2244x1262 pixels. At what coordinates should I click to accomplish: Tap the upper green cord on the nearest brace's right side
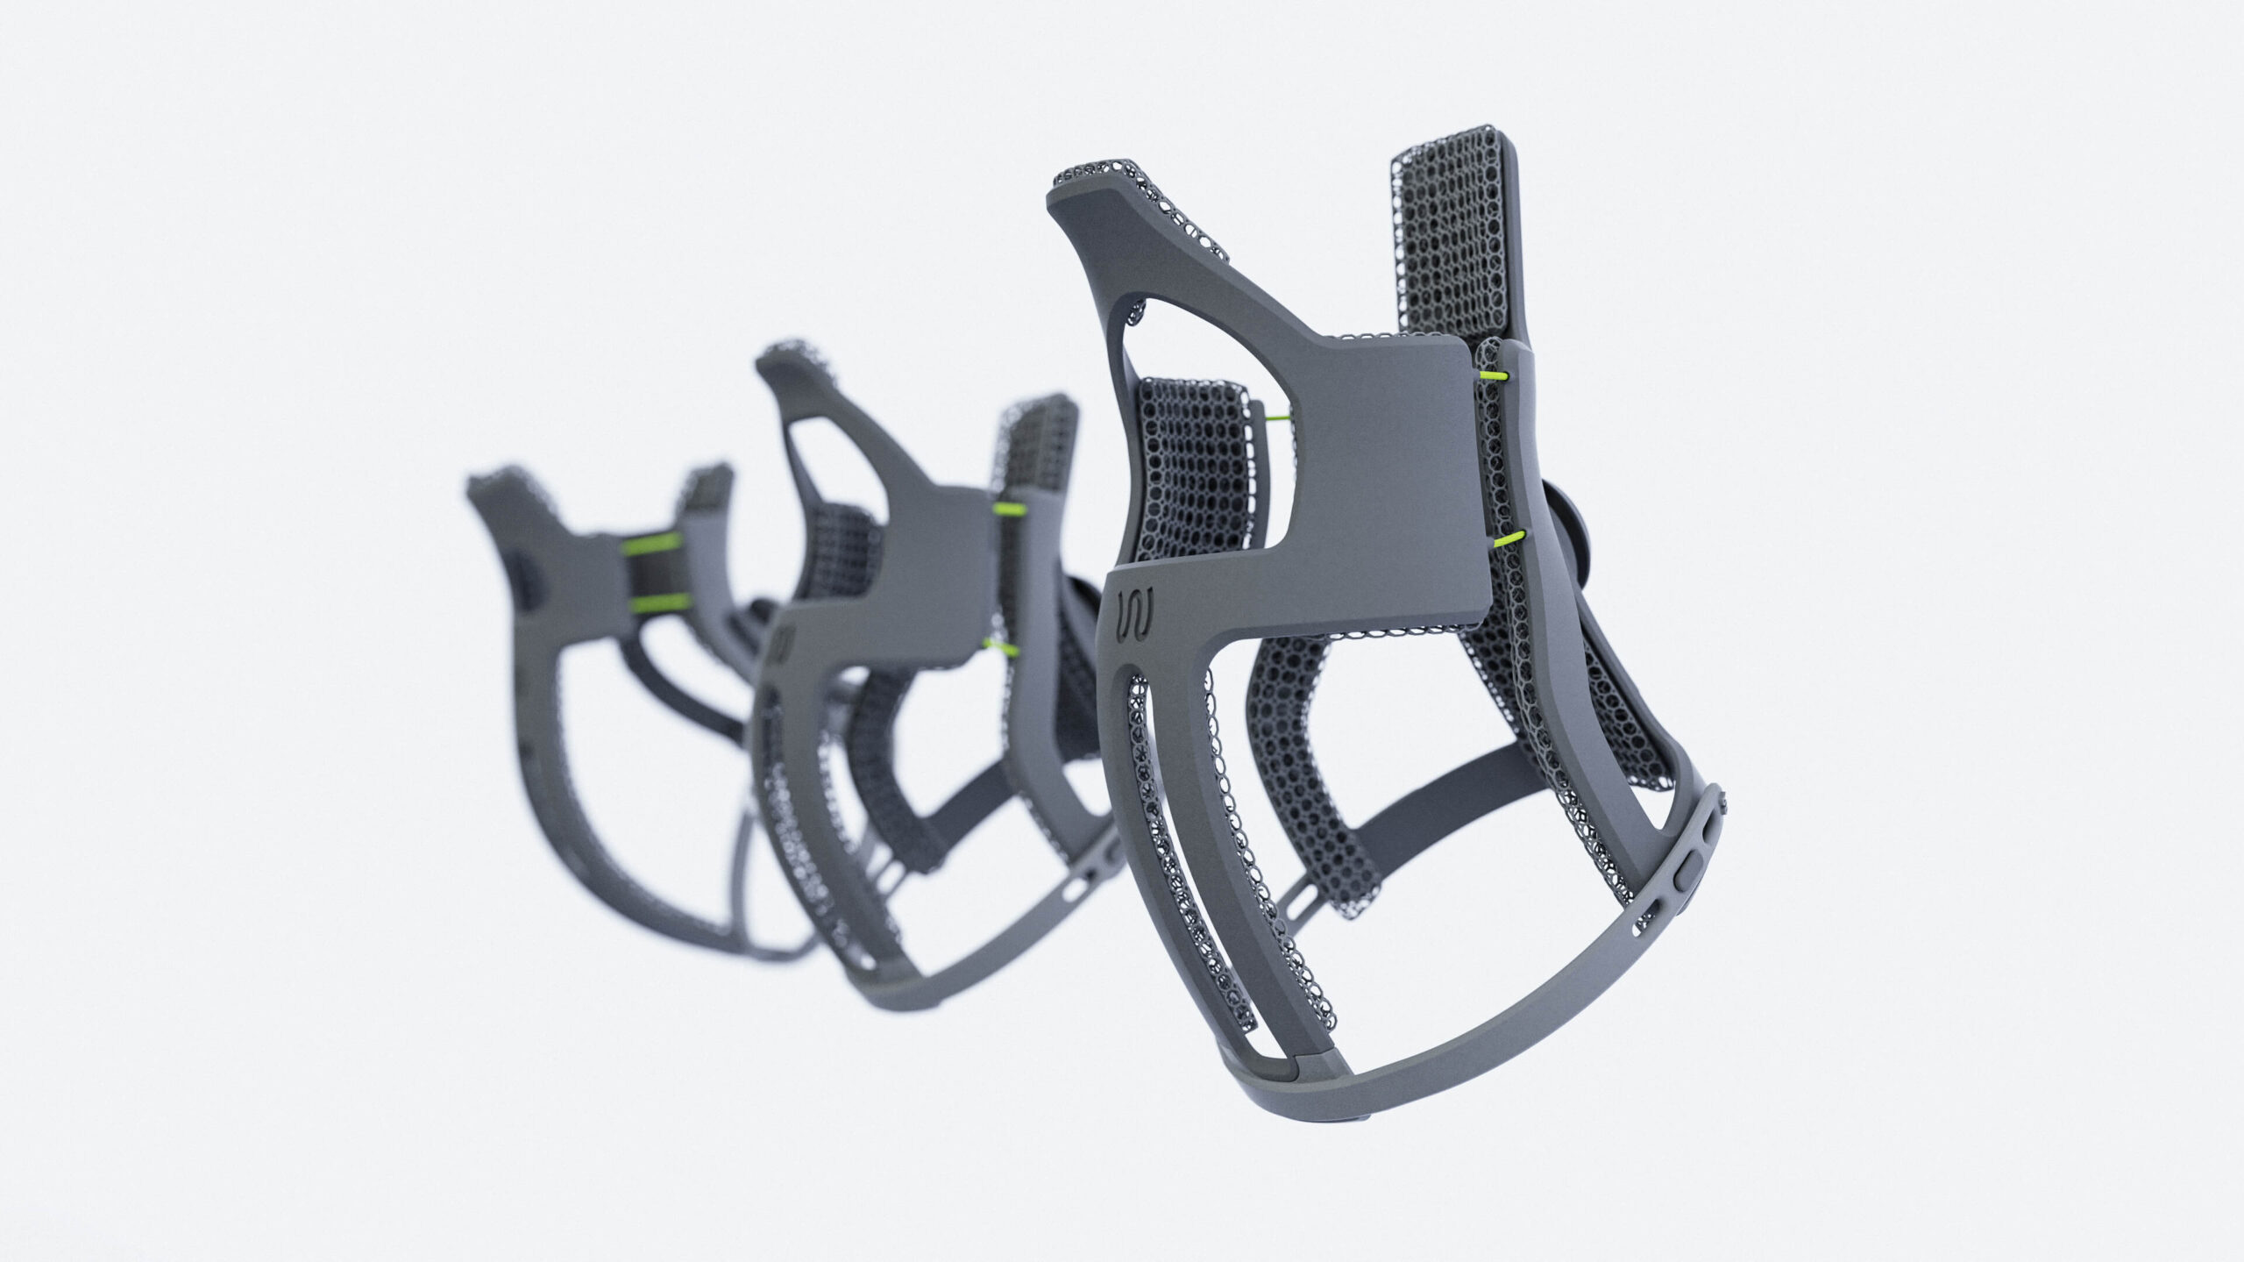point(1493,375)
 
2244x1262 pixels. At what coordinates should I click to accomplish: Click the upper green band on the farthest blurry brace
point(652,544)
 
